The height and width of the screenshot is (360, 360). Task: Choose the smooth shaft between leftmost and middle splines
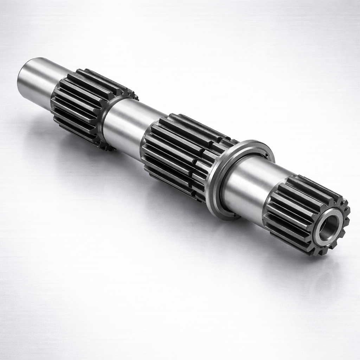[125, 123]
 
